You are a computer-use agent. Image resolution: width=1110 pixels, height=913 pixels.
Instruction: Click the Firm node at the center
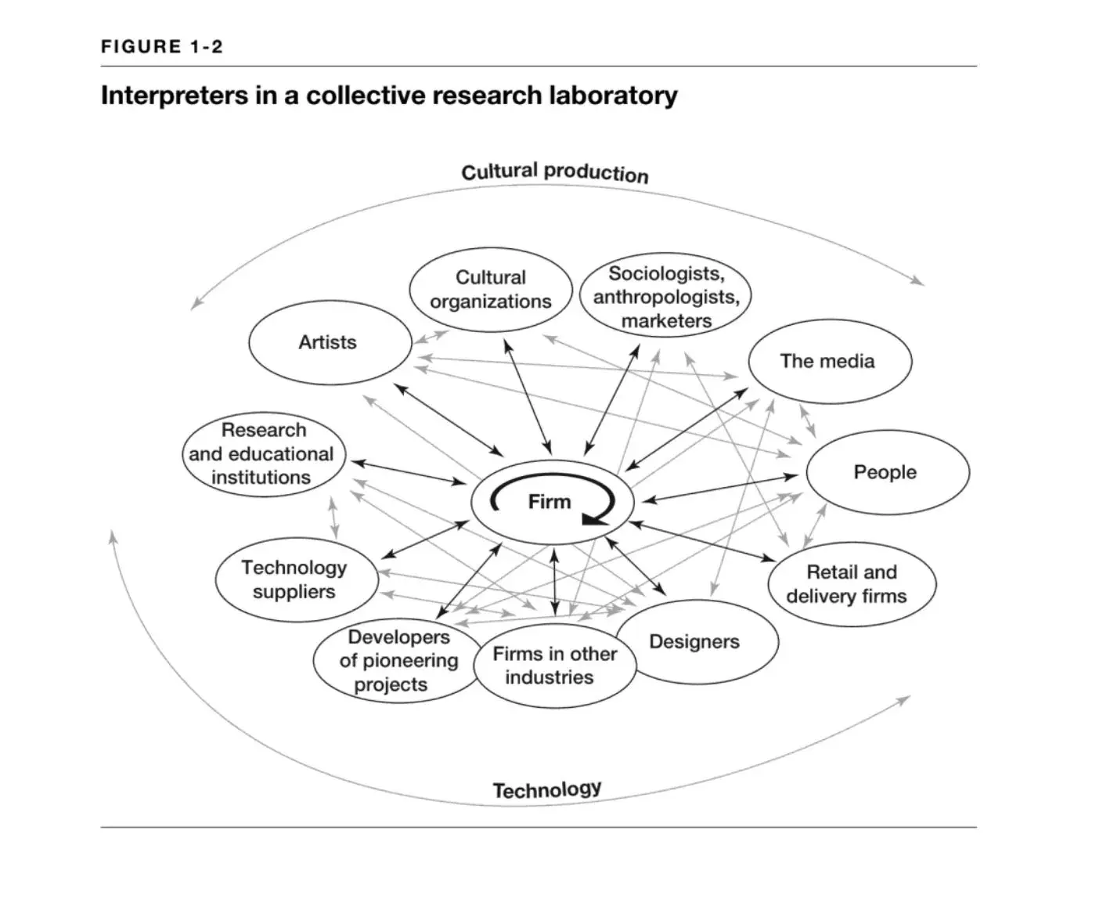coord(550,502)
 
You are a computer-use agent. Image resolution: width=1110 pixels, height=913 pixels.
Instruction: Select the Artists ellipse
coord(328,342)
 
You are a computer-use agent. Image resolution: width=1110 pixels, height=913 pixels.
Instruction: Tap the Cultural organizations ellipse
coord(491,290)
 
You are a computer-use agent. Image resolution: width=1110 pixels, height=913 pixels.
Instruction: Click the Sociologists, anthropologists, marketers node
coord(665,296)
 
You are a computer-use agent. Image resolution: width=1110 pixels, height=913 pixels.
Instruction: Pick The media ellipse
coord(828,361)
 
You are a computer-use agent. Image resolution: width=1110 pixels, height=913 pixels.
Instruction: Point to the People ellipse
coord(886,472)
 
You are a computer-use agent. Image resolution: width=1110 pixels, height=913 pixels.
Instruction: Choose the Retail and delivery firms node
coord(850,584)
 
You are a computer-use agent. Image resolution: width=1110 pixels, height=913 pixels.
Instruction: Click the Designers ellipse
coord(696,642)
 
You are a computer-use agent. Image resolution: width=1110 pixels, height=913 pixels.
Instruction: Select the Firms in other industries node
coord(555,666)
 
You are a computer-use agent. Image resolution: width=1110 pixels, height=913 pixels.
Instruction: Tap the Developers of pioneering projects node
coord(398,661)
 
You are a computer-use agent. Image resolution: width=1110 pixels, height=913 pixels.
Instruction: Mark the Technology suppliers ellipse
coord(295,579)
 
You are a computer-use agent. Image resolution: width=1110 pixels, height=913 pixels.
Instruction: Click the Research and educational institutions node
coord(262,454)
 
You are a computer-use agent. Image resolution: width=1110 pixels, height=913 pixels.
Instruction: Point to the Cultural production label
coord(555,172)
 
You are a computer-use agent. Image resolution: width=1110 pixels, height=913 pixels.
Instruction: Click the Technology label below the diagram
coord(547,789)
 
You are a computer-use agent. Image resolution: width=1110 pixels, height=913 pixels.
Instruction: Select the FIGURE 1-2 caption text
coord(162,47)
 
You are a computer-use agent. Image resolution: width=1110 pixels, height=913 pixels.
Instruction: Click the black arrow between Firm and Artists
coord(449,420)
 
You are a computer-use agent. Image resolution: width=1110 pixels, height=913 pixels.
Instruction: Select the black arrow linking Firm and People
coord(719,487)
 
